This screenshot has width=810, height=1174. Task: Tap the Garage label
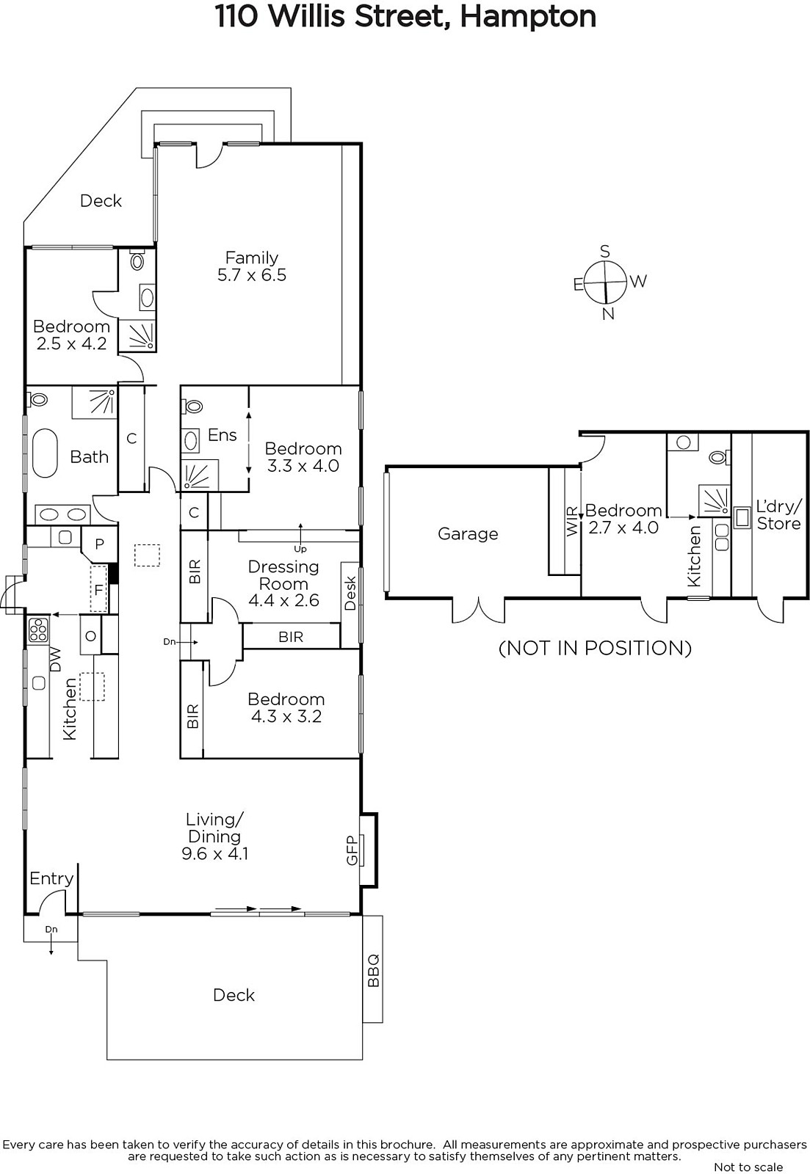(468, 534)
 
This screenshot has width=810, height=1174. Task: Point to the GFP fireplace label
(352, 850)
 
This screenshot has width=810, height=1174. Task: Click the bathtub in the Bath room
(45, 453)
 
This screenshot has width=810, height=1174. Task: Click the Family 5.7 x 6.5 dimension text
(252, 275)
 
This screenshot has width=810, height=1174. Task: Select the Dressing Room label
(283, 575)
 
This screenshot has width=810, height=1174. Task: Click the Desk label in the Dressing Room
(350, 593)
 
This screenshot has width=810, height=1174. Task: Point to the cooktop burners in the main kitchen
(38, 630)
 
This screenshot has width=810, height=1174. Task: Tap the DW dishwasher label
(54, 660)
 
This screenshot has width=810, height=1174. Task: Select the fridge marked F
(98, 588)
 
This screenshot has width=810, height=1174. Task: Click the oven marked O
(90, 635)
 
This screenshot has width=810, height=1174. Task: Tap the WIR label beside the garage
(572, 521)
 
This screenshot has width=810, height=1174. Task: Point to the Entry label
(51, 878)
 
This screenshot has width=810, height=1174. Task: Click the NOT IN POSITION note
(595, 649)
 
